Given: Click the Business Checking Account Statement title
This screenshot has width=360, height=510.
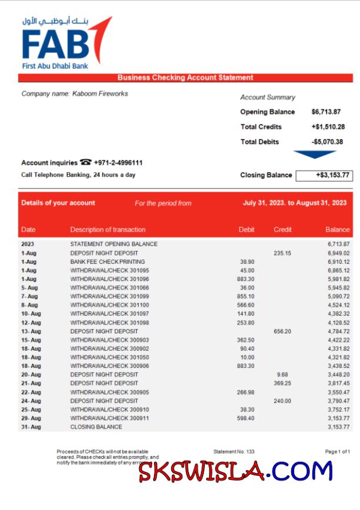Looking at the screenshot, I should click(x=185, y=78).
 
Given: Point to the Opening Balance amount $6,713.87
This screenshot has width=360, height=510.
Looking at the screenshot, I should click(x=326, y=112).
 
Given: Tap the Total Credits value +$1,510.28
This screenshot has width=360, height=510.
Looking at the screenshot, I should click(x=328, y=127).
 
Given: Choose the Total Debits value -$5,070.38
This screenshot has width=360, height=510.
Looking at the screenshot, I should click(x=327, y=142).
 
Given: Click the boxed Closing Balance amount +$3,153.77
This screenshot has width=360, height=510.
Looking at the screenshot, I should click(x=324, y=175).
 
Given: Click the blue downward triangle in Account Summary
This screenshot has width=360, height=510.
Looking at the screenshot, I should click(x=314, y=155).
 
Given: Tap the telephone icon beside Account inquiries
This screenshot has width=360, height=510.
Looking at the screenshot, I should click(x=86, y=163).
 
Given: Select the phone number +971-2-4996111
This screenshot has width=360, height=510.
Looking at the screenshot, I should click(x=118, y=163).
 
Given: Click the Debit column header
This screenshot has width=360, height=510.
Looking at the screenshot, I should click(x=247, y=230).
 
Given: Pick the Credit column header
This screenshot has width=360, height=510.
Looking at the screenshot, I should click(x=282, y=230).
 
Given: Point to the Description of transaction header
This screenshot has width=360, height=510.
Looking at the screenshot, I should click(x=107, y=230).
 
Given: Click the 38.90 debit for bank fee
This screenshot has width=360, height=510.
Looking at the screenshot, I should click(x=247, y=261).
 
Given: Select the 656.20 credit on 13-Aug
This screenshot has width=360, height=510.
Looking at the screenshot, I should click(x=282, y=331).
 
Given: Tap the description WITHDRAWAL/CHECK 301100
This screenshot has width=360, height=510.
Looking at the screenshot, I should click(x=109, y=305).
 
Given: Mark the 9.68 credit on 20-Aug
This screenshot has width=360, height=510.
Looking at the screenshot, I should click(x=282, y=374).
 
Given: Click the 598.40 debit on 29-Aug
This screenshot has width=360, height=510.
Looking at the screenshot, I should click(x=246, y=418).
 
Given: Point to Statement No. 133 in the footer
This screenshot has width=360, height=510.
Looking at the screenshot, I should click(x=234, y=451).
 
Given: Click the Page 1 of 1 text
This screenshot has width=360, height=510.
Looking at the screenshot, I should click(x=337, y=451).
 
